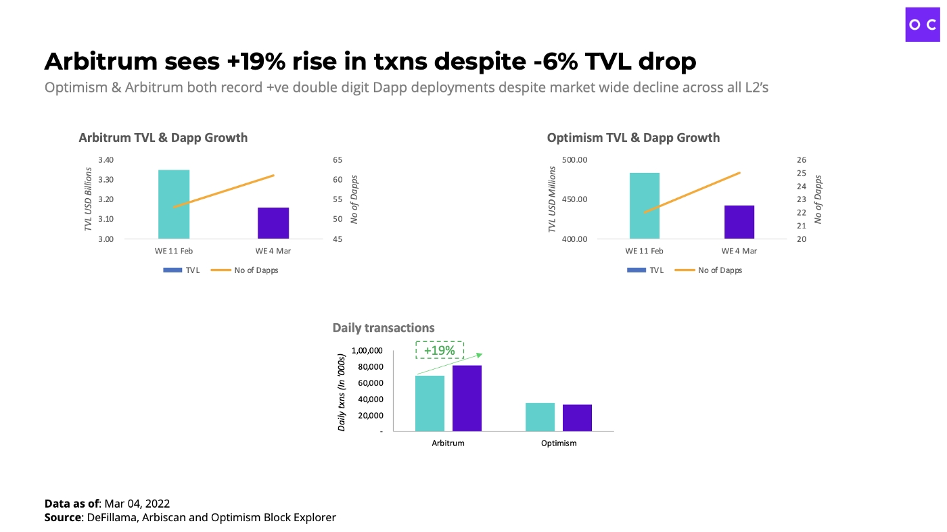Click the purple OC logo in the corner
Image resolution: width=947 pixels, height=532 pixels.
click(x=923, y=25)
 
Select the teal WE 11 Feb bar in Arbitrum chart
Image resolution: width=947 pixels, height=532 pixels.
click(x=174, y=203)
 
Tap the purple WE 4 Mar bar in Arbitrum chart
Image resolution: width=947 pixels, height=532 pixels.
click(x=273, y=223)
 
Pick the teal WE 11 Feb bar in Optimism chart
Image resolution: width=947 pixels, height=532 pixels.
click(x=644, y=205)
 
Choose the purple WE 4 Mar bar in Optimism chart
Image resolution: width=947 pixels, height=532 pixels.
click(x=739, y=222)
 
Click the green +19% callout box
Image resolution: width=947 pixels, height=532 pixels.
click(x=440, y=350)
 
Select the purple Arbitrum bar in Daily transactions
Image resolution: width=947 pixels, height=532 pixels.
click(x=467, y=398)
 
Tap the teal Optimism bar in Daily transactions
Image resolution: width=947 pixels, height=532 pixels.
click(x=540, y=416)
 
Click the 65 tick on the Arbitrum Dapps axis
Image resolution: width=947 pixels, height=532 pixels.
click(x=338, y=160)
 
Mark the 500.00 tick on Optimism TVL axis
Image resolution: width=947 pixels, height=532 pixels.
click(x=574, y=160)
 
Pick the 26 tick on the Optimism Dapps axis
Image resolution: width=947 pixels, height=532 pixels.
click(x=802, y=160)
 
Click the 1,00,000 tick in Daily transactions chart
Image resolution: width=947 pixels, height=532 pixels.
click(x=367, y=351)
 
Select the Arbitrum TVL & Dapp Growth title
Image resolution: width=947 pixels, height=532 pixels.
click(x=163, y=138)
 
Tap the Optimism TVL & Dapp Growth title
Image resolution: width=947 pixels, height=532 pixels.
click(x=633, y=138)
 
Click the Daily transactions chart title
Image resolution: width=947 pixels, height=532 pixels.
click(x=384, y=328)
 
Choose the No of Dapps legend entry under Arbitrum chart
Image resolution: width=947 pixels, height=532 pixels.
click(x=245, y=270)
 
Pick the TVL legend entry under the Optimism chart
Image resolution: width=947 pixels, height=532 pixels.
click(x=646, y=270)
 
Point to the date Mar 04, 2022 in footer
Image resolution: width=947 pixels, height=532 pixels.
click(x=137, y=504)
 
